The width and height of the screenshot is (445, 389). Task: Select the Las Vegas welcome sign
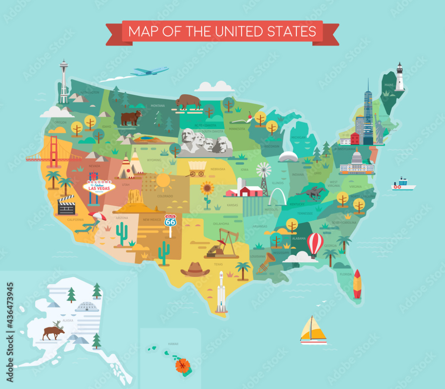[99, 188]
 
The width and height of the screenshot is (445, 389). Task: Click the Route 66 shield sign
[170, 220]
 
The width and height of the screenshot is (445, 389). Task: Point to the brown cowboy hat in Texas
[195, 270]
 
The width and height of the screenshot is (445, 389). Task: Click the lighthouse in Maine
[399, 77]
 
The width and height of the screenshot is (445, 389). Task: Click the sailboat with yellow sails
[313, 329]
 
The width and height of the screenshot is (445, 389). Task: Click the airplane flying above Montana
[149, 71]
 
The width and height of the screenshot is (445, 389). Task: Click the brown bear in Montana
[131, 117]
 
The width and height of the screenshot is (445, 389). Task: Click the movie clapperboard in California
[66, 206]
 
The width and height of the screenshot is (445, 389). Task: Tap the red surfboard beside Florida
[357, 284]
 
